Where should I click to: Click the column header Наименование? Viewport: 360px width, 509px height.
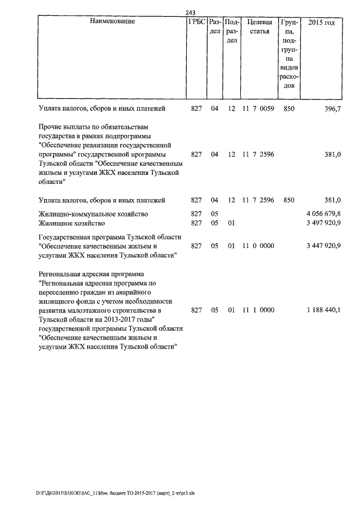[x=112, y=22]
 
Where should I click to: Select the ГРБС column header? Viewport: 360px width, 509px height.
[x=196, y=22]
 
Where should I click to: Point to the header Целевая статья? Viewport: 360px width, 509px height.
[x=259, y=27]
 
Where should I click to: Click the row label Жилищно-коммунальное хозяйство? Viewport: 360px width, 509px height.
[x=93, y=214]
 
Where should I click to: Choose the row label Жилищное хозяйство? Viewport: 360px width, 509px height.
[x=71, y=224]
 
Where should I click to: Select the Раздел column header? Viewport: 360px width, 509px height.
[x=214, y=27]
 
